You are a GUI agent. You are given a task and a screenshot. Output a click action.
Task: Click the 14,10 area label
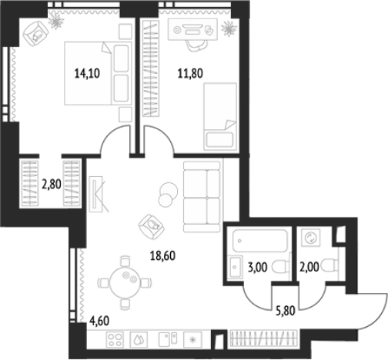87,74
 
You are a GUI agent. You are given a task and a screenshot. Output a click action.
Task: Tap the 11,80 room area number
190,73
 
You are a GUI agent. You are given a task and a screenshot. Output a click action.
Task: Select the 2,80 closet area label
52,184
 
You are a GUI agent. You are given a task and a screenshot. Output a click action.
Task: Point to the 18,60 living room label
162,255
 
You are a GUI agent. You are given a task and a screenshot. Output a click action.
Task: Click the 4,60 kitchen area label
99,321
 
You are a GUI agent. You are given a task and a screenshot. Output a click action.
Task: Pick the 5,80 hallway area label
286,311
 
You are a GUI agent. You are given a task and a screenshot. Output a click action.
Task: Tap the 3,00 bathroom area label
257,267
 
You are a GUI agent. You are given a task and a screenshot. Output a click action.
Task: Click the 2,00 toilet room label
309,267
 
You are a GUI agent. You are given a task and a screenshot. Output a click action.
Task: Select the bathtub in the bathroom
260,241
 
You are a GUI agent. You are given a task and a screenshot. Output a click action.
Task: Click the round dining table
125,282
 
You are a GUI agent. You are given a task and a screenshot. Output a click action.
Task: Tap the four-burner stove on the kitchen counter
115,340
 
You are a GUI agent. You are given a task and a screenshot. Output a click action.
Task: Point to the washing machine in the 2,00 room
311,238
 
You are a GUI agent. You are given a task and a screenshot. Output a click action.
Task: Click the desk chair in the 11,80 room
196,45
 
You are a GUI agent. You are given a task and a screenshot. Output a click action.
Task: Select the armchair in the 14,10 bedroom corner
35,34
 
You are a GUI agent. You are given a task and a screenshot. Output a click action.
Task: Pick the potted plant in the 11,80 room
229,28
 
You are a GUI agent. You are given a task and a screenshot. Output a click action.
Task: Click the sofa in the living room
202,197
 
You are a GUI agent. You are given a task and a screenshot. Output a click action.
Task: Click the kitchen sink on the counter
168,340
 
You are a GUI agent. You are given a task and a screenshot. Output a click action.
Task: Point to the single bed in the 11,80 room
220,116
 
